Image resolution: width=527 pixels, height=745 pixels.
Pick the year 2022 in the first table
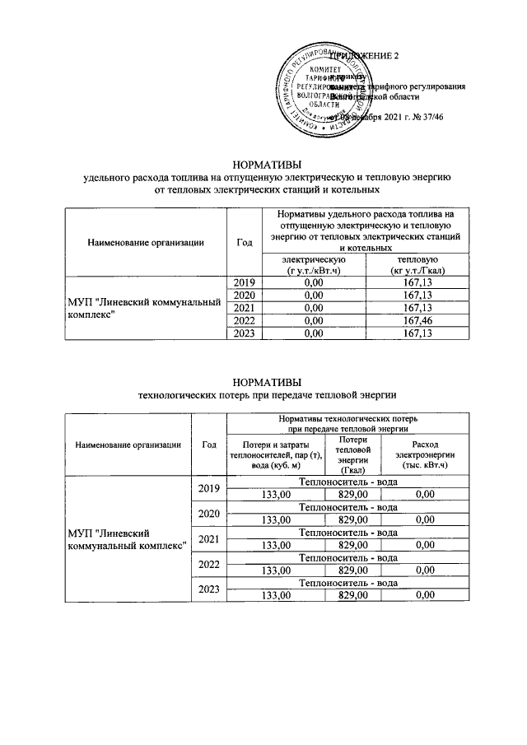(244, 320)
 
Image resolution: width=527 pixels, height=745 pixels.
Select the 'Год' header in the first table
(244, 242)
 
